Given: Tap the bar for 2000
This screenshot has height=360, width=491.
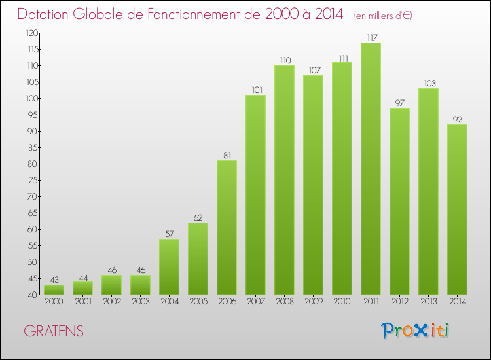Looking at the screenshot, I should pos(54,289).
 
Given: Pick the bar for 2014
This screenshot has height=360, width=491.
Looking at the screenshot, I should pos(457,209).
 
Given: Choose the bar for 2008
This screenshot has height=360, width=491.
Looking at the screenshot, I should pos(284,180).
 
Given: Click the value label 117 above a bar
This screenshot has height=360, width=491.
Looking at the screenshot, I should pos(371,37).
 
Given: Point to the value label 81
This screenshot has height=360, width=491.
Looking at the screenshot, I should pos(227,155).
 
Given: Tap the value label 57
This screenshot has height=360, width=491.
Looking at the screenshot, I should pos(169,234).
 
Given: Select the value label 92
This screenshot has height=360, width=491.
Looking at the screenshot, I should pos(457,119).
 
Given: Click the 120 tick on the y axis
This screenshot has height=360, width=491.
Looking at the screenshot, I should pos(31,33).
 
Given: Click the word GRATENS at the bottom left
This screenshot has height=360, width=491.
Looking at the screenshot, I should pos(54,331).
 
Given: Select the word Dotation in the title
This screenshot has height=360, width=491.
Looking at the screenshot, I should pos(45,14).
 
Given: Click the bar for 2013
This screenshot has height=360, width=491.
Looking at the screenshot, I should pos(428,191).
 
